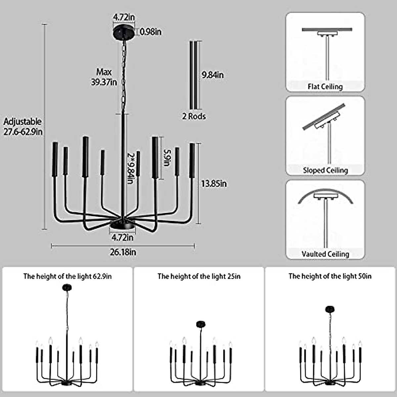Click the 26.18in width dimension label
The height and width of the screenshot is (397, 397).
coord(123,252)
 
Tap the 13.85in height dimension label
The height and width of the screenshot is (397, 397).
coord(214,184)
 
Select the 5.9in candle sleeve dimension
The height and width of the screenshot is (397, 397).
coord(168,158)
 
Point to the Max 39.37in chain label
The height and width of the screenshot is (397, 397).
coord(104,77)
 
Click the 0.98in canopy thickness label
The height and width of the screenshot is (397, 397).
coord(151,32)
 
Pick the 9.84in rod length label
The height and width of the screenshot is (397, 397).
coord(213,75)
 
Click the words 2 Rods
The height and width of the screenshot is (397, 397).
coord(194,116)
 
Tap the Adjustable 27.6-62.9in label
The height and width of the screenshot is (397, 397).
coord(23,127)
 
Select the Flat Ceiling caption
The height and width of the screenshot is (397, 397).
coord(325,87)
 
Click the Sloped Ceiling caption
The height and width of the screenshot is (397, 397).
coord(325,170)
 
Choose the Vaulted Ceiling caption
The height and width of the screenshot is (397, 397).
coord(325,254)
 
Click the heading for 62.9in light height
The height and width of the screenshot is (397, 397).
coord(67,276)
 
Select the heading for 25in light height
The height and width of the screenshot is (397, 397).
coord(199,276)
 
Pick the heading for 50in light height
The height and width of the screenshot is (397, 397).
coord(330,276)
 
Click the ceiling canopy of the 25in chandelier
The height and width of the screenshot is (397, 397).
coord(201,324)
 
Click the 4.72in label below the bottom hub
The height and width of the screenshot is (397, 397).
coord(122,237)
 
